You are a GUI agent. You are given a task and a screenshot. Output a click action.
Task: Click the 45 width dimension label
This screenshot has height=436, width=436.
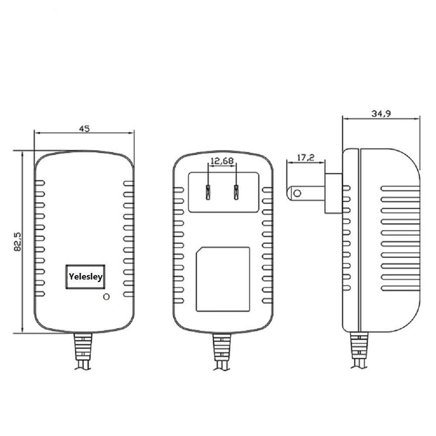coord(84,129)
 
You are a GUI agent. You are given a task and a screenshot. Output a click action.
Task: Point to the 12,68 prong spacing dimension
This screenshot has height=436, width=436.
coord(222,161)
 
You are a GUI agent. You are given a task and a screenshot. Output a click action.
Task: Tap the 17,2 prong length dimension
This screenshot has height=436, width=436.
coord(306,158)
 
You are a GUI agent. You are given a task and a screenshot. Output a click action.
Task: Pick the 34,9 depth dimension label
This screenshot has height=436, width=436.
coord(381,114)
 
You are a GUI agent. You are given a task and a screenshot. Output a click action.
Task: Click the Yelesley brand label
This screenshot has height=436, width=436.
coord(85,276)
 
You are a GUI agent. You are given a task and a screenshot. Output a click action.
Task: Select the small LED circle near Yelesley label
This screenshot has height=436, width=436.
coord(105,297)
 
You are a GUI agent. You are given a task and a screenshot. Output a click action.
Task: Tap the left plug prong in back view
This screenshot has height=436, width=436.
coord(208,192)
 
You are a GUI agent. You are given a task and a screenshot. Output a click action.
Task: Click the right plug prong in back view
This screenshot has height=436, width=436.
coord(237,192)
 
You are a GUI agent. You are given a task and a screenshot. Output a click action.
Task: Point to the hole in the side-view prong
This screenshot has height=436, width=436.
coord(297,193)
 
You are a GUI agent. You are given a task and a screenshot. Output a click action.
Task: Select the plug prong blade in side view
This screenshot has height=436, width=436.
coord(305,193)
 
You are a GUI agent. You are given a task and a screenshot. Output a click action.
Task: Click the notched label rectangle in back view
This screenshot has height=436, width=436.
coord(223,279)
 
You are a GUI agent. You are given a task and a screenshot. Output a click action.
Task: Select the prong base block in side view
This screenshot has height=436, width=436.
coord(334,193)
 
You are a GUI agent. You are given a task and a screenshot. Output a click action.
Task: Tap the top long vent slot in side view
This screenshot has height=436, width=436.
coord(400,188)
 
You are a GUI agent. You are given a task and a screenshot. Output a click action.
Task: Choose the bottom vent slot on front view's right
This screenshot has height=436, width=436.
coord(128,293)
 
